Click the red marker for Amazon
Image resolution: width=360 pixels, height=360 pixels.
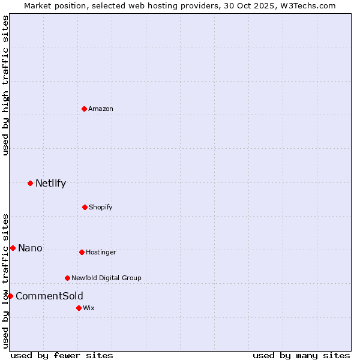(x=84, y=109)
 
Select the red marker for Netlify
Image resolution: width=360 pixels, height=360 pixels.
(x=30, y=183)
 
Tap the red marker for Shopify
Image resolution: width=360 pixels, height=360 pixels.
(x=85, y=207)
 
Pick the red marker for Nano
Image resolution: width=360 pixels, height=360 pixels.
(x=13, y=248)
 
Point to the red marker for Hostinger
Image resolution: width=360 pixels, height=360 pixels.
(x=82, y=252)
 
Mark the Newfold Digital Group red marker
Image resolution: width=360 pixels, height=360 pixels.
(x=67, y=278)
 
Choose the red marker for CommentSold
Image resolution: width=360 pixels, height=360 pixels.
(x=10, y=296)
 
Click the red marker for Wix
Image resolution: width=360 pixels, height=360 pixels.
(x=79, y=308)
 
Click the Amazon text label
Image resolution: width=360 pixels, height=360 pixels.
(x=101, y=109)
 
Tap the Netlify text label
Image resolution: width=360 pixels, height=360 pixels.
(x=50, y=184)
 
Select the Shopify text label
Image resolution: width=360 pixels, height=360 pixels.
(x=101, y=207)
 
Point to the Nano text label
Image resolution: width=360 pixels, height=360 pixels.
(x=30, y=248)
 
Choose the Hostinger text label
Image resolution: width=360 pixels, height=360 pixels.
(x=101, y=252)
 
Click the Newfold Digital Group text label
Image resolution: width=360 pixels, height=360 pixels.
(x=106, y=278)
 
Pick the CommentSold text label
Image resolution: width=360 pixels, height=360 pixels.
(x=49, y=296)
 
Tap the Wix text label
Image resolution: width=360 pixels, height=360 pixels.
(x=89, y=308)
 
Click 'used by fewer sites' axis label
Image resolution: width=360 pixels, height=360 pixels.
(x=62, y=355)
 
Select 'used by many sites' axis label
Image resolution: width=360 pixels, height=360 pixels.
(x=301, y=355)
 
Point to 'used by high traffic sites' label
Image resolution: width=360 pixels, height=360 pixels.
(x=5, y=85)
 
